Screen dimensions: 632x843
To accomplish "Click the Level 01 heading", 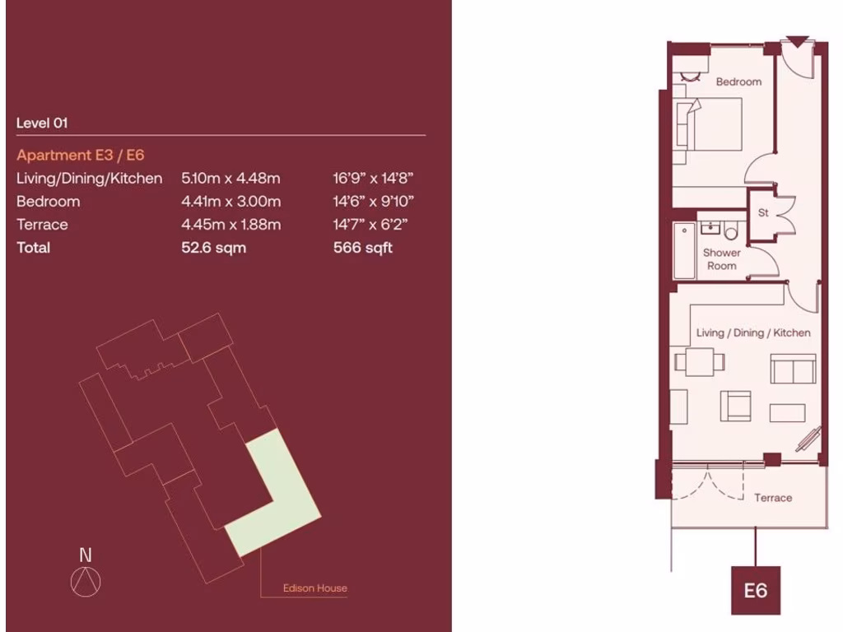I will [x=42, y=123].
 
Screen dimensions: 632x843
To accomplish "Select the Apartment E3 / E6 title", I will [x=81, y=155].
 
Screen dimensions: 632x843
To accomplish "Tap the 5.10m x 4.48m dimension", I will [x=231, y=178].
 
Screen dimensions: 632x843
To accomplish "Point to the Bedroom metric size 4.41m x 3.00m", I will [x=231, y=201].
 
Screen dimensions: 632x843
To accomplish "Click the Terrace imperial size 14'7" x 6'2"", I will [x=371, y=225].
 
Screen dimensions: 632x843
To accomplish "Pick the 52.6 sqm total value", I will [x=213, y=248].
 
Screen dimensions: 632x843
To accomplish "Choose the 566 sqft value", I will [x=362, y=248].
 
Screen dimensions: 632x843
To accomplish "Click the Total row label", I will [x=33, y=248].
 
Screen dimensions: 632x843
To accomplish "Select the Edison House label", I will [x=314, y=588].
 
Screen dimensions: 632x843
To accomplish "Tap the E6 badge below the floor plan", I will [x=755, y=590].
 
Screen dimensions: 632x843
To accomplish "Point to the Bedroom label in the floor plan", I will [x=738, y=81].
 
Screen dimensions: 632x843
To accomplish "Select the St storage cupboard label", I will [x=763, y=213].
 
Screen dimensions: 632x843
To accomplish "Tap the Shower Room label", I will [x=722, y=259].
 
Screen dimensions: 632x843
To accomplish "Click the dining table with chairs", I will [x=699, y=360].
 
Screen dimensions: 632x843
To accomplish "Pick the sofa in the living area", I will [x=793, y=368].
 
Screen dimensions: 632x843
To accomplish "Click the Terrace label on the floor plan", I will [x=773, y=498].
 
